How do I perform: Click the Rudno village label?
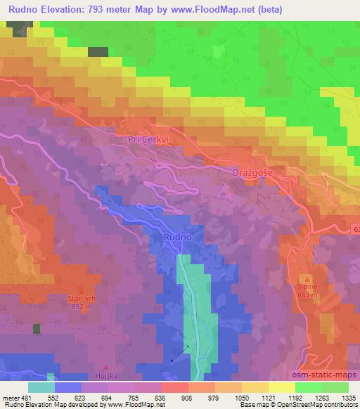pos(177,238)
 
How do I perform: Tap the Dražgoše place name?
pos(252,172)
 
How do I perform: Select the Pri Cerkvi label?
pos(148,140)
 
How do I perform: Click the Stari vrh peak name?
pos(81,299)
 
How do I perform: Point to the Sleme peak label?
pos(308,287)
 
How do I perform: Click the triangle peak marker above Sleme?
pos(306,279)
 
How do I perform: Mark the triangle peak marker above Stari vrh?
pos(81,290)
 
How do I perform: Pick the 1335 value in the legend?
pos(348,397)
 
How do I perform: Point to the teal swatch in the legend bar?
pos(41,387)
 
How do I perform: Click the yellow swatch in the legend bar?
pos(281,387)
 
